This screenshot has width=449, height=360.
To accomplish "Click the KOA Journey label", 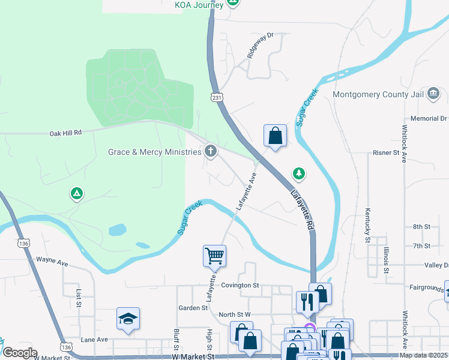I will [x=199, y=5].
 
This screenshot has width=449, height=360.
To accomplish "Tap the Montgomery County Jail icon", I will [x=434, y=94].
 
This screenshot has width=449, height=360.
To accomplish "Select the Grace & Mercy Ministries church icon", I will [x=210, y=151].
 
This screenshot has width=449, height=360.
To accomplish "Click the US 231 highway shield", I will [x=217, y=97].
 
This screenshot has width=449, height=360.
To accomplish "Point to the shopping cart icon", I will [x=214, y=256].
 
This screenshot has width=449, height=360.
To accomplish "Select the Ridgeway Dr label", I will [x=261, y=46].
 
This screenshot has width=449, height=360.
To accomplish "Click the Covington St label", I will [x=239, y=286].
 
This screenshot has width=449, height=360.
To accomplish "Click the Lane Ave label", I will [x=94, y=340].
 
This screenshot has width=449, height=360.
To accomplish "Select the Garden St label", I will [x=193, y=308].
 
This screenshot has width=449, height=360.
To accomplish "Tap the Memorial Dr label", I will [x=429, y=119].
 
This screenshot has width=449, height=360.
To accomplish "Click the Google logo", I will [x=19, y=353].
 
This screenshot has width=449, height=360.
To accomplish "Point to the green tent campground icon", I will [x=76, y=194].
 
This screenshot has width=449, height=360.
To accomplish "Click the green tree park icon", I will [x=298, y=174].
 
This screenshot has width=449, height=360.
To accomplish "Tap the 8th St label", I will [x=421, y=227].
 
